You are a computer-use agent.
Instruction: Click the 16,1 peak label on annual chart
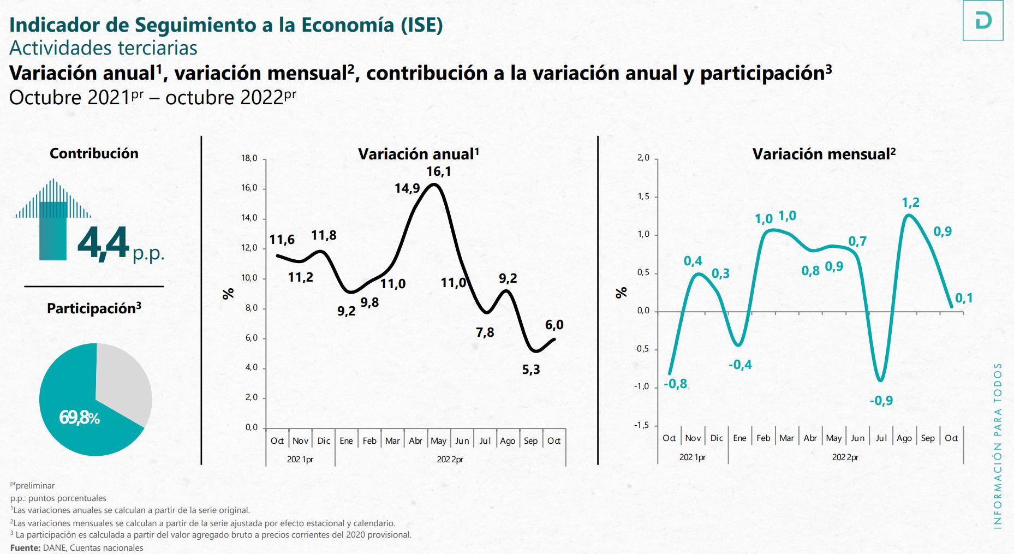click(x=438, y=171)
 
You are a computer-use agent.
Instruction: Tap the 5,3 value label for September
click(x=530, y=370)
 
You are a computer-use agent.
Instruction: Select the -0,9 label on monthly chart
click(x=881, y=401)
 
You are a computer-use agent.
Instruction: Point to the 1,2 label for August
click(x=910, y=202)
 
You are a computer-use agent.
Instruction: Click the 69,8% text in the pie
click(x=79, y=418)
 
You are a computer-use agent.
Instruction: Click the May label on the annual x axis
click(x=438, y=440)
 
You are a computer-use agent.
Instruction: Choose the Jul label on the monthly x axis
click(x=881, y=438)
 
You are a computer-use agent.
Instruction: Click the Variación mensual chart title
click(x=824, y=154)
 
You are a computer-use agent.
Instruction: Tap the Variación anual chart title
click(x=418, y=154)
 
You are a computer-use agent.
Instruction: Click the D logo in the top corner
click(x=982, y=21)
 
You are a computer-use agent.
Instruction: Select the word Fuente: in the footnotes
click(x=25, y=547)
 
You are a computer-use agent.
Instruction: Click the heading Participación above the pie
click(x=93, y=308)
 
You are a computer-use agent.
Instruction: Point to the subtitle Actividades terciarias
click(x=103, y=48)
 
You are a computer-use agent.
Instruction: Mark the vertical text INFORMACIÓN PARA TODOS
click(x=998, y=445)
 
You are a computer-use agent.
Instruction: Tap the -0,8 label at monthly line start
click(x=675, y=384)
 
